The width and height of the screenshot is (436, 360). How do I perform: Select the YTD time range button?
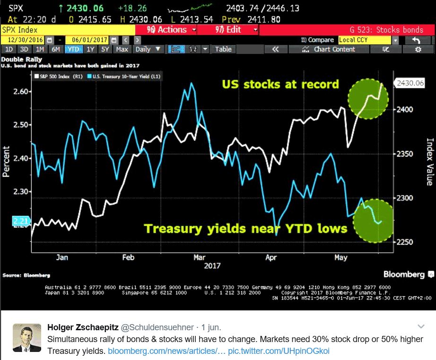coord(73,49)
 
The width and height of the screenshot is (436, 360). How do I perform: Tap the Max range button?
coord(122,49)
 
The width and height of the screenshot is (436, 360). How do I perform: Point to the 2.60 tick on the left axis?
coord(20,92)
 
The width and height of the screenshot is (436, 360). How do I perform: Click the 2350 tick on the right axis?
coord(404,154)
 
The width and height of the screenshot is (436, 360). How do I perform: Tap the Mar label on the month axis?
coord(199,257)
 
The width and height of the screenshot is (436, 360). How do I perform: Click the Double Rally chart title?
coord(22,60)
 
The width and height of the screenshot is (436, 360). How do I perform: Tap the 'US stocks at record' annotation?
coord(281,85)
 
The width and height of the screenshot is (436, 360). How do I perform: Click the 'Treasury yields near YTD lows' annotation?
coord(246,229)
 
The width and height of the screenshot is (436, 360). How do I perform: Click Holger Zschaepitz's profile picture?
coord(26,337)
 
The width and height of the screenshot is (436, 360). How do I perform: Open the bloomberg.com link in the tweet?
coord(166,351)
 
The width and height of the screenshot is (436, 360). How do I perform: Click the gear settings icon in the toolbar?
coord(418,49)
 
